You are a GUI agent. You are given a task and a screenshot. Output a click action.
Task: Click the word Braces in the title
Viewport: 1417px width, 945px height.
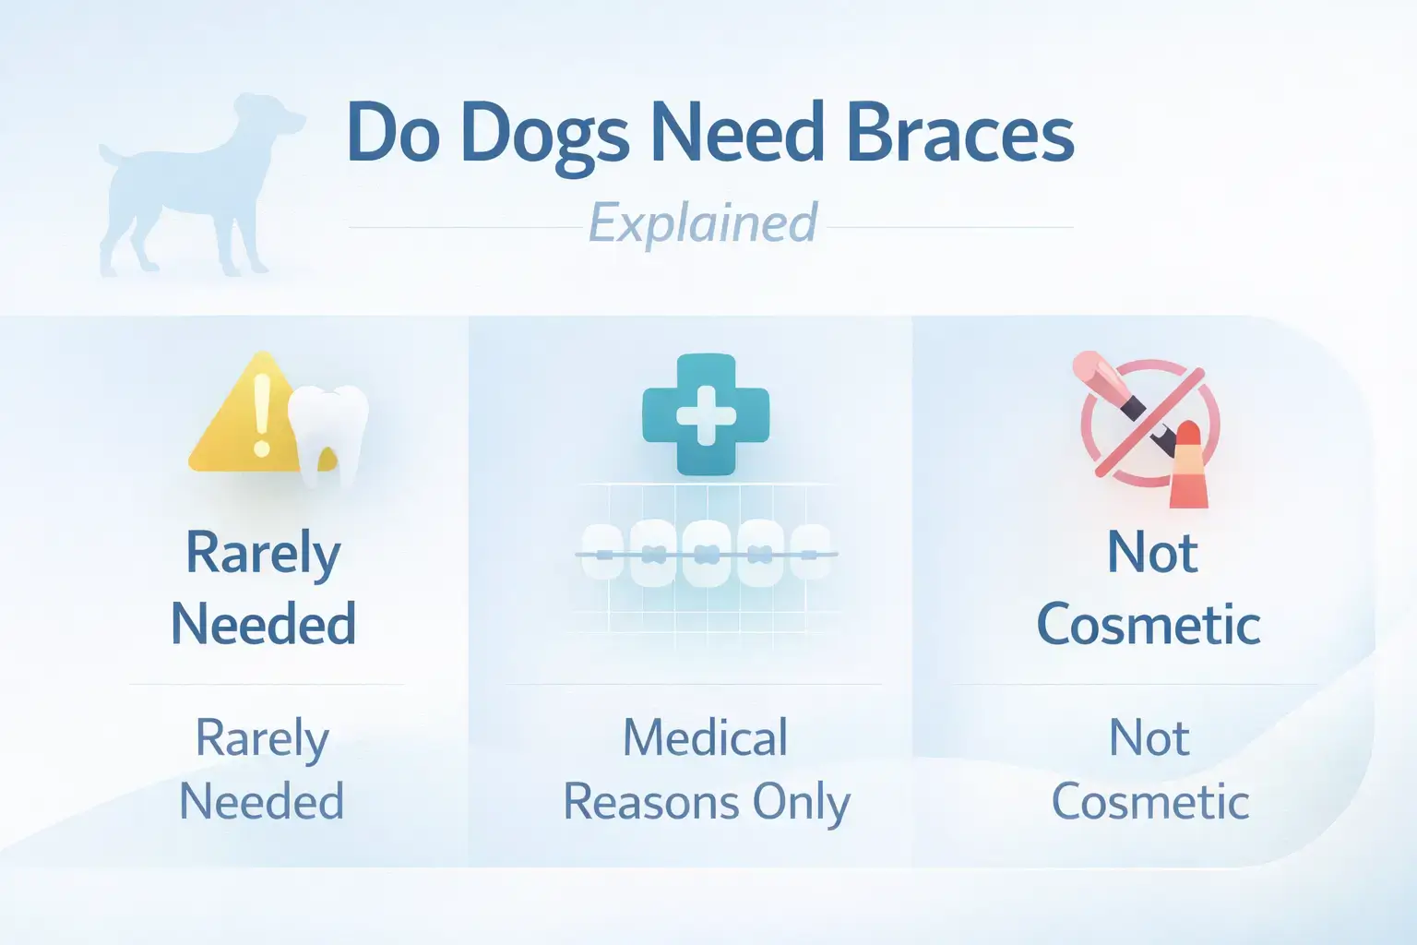959,132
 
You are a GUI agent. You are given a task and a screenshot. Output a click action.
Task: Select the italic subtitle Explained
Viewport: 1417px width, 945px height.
703,224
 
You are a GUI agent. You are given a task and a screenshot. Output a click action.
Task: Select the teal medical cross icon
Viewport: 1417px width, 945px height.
706,414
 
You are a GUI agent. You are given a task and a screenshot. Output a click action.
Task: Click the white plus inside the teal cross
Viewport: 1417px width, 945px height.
706,414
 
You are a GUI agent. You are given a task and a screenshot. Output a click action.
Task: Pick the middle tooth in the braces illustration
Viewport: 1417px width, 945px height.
706,554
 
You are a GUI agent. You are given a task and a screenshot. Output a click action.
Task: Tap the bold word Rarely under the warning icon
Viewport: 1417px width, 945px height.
263,555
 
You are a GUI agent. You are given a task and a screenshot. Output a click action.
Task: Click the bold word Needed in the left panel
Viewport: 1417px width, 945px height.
263,624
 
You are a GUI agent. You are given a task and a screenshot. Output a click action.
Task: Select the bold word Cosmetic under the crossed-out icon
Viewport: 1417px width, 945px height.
1149,626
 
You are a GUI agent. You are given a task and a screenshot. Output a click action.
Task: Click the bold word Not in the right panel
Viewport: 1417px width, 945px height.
1151,554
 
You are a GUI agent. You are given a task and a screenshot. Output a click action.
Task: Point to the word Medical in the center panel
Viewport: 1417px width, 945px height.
706,738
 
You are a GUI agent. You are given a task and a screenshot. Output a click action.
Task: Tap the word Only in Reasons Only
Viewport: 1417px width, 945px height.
801,803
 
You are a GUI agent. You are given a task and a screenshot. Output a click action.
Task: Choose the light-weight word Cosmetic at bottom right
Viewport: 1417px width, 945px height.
1150,801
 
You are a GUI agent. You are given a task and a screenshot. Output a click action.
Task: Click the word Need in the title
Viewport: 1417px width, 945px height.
737,132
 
